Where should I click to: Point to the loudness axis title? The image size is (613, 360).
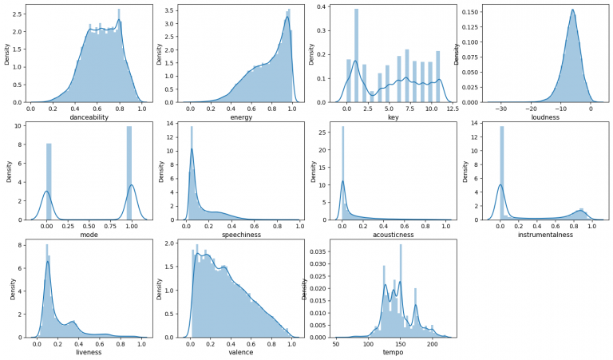click(x=541, y=117)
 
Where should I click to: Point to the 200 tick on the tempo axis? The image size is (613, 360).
click(x=432, y=343)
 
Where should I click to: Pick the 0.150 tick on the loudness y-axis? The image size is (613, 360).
click(x=471, y=13)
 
